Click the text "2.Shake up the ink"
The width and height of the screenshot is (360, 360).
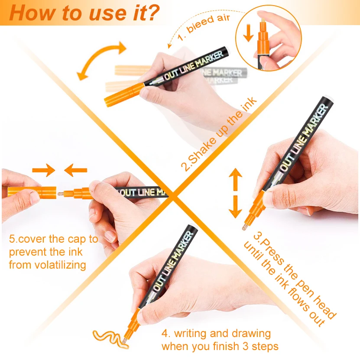click(x=219, y=134)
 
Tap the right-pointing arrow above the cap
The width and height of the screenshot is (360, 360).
click(x=43, y=170)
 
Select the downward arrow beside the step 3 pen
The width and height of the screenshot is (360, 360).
click(x=235, y=207)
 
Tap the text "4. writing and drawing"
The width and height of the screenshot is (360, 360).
click(x=216, y=334)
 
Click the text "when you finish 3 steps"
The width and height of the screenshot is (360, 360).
click(x=220, y=346)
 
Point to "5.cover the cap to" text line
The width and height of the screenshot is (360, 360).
click(x=53, y=239)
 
